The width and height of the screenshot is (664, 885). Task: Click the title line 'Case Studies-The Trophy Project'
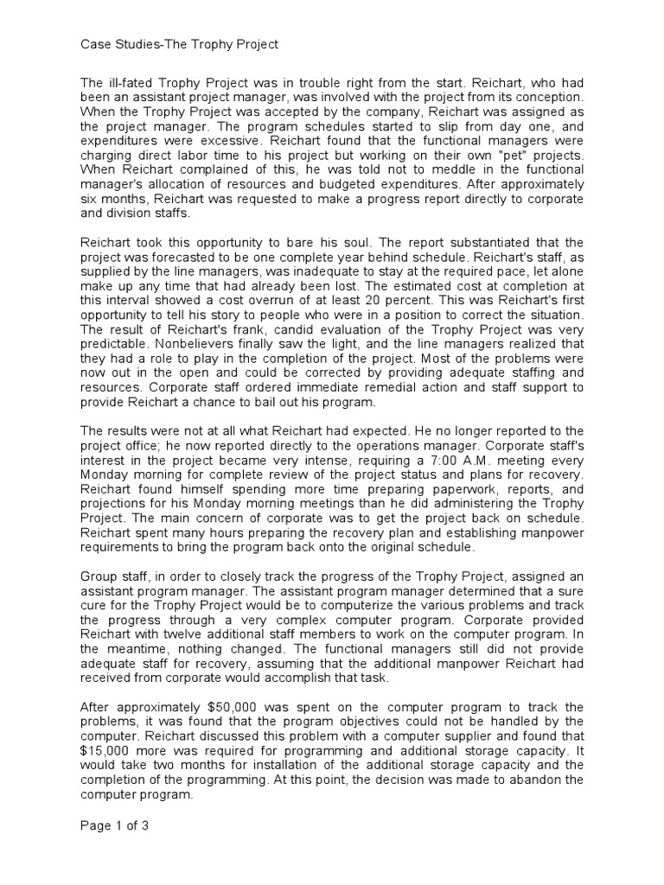pos(178,44)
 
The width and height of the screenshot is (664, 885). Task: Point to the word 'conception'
pos(552,96)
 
